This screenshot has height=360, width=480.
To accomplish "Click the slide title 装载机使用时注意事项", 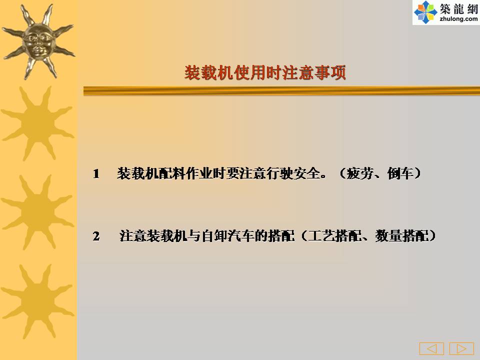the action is (265, 72).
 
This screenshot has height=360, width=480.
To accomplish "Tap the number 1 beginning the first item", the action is (96, 174).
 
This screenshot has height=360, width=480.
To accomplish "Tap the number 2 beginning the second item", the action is (96, 236).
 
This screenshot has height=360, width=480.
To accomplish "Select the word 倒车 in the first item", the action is (400, 173).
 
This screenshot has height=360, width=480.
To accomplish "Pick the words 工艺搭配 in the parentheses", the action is (335, 236).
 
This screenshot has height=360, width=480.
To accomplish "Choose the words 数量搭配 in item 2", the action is (402, 236).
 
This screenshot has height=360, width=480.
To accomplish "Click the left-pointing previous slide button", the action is (431, 348).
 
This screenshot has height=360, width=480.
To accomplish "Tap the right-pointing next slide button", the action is (461, 348).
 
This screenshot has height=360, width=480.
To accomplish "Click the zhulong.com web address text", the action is (458, 19).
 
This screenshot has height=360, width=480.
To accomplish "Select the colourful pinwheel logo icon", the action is (425, 12).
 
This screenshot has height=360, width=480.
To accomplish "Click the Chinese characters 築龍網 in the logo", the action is (458, 9).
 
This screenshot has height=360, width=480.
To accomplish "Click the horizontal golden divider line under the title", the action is (281, 91).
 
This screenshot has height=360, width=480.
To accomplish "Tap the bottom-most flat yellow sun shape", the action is (37, 301).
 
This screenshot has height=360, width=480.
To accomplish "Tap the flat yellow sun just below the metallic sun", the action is (37, 123).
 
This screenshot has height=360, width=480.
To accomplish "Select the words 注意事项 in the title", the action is (314, 72).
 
